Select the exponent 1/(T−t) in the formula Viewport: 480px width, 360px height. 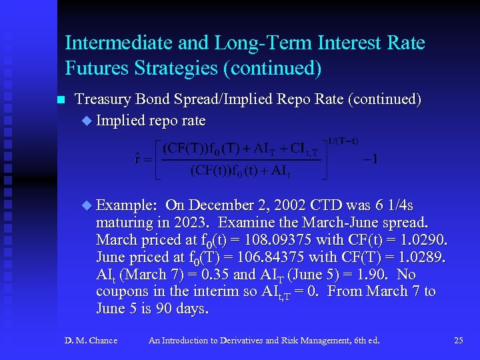coord(343,141)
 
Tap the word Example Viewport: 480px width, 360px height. coord(127,205)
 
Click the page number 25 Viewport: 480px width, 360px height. coord(458,341)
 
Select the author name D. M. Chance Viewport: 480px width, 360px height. coord(91,341)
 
